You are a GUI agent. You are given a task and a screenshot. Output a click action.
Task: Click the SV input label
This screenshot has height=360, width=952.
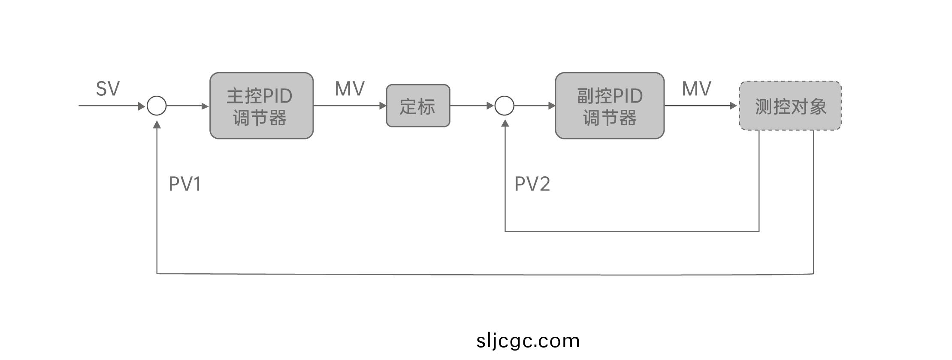click(108, 89)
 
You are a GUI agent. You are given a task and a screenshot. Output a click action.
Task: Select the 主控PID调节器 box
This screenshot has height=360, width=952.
click(261, 106)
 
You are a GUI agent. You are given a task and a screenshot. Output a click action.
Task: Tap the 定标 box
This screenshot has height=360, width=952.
click(418, 106)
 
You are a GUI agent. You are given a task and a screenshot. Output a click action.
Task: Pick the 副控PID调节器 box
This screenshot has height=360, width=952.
click(609, 106)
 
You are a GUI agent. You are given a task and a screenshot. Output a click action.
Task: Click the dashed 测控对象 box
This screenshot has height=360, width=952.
click(790, 106)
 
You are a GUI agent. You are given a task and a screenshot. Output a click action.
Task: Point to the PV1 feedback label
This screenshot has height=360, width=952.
click(185, 184)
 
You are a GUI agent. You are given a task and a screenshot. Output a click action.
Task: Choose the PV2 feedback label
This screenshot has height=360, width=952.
click(532, 184)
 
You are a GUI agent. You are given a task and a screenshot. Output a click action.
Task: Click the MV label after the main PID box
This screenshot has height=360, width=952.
click(350, 89)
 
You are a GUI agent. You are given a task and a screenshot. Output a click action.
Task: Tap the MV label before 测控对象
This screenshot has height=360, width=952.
click(696, 89)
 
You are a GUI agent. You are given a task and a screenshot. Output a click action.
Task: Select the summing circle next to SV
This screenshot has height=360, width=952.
click(157, 106)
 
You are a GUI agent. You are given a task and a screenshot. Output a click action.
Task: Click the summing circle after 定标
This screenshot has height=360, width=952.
click(505, 106)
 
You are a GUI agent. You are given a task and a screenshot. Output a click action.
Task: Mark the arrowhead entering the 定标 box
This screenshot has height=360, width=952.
click(383, 106)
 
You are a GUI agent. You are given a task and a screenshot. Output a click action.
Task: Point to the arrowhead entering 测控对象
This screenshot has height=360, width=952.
click(733, 106)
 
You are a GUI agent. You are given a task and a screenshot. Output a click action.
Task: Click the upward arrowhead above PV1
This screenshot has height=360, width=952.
click(157, 124)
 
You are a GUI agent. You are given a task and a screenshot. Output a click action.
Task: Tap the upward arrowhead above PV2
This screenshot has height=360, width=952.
click(505, 123)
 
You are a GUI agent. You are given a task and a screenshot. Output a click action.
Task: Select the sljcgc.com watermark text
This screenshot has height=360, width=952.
click(528, 341)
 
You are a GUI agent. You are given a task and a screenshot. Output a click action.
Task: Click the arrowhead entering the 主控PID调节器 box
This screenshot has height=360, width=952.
click(205, 106)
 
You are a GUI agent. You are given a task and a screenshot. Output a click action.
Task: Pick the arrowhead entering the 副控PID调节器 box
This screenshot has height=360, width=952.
click(552, 106)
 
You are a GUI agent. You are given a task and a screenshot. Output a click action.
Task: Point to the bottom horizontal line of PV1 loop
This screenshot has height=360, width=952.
click(485, 274)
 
